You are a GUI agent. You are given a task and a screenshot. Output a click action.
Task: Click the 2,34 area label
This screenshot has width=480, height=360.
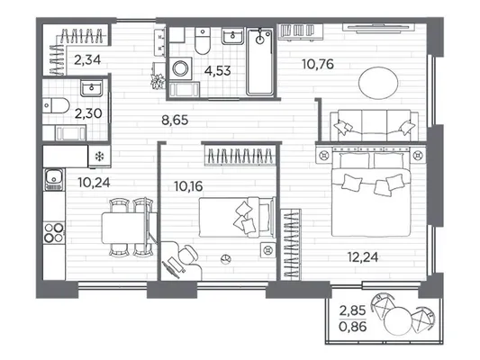pos(87,59)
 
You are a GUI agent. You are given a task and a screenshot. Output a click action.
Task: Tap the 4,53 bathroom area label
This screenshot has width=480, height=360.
pos(218,71)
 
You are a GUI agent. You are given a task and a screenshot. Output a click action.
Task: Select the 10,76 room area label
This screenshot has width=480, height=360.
pos(318,64)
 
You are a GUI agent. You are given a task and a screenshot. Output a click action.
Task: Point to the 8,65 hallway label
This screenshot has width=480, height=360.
pos(175,120)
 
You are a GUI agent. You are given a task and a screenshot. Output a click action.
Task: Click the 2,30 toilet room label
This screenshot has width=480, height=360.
pos(88,113)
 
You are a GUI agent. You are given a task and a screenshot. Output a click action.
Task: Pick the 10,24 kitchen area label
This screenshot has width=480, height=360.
pos(94,183)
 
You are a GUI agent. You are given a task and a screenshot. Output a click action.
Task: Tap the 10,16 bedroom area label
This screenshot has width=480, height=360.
pos(188,186)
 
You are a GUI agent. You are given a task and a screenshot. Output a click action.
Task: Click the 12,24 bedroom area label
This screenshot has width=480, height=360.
pos(363,257)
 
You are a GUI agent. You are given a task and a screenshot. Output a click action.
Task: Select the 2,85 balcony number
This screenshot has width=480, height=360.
pos(353,310)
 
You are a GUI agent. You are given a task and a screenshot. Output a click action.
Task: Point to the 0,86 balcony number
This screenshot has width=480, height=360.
pos(353,327)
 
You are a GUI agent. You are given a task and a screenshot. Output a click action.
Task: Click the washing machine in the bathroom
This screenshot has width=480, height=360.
pos(180,68)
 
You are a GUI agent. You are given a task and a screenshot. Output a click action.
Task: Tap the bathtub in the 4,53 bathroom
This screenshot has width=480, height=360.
pos(260,61)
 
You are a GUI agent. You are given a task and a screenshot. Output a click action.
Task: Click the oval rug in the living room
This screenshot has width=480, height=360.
pos(378,83)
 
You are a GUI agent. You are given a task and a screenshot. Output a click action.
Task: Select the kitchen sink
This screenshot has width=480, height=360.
pos(54,179)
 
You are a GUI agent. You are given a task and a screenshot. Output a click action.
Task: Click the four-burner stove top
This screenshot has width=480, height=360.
pos(54,232)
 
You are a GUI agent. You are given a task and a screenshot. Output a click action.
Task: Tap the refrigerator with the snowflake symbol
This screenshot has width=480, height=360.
pos(99,157)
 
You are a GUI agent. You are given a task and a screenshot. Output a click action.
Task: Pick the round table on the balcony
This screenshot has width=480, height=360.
pos(397,320)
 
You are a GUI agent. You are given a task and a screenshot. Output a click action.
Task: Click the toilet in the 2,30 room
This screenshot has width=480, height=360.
pos(56,105)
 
